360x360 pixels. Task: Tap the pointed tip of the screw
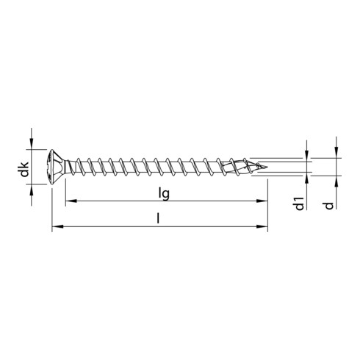pos(267,167)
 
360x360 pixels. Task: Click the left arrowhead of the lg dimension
pos(70,201)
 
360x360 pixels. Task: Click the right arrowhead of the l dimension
pos(264,227)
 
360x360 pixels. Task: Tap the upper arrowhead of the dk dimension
pos(32,148)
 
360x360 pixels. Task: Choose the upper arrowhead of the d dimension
pos(335,153)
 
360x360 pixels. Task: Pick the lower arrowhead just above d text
pos(335,181)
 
